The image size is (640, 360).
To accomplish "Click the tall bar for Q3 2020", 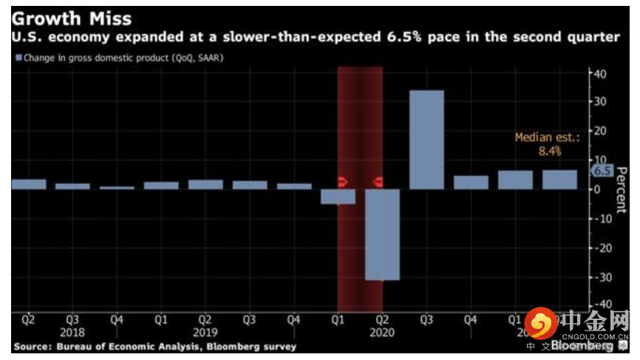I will click(426, 139).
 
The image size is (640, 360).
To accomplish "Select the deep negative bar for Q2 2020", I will click(382, 234).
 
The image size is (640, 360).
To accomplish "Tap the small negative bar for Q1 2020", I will click(338, 196).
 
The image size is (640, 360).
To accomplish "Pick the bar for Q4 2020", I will click(471, 182).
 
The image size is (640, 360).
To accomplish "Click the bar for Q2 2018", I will click(28, 184).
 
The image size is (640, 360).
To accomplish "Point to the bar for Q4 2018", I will click(117, 188).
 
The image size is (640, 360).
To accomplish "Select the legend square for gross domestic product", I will click(17, 57).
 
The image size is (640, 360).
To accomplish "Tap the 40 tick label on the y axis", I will click(602, 73).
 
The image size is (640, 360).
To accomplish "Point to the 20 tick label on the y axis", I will click(602, 131).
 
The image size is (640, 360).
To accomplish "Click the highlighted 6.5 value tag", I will click(602, 171).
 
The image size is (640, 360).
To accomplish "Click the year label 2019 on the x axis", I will click(205, 333).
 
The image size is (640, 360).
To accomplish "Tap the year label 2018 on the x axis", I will click(72, 333).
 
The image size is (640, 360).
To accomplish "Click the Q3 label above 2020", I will click(426, 320).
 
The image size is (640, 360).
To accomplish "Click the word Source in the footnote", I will click(33, 346).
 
